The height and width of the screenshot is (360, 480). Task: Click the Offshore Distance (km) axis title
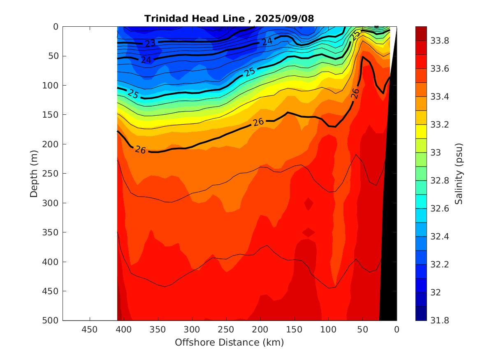[230, 342]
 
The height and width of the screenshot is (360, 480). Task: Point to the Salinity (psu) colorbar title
[459, 173]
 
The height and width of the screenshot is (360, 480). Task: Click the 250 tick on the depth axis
[51, 174]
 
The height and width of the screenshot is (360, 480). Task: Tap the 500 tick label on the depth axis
[51, 321]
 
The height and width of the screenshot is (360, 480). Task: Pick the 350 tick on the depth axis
[51, 232]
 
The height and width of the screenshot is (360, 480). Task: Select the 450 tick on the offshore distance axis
[90, 330]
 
